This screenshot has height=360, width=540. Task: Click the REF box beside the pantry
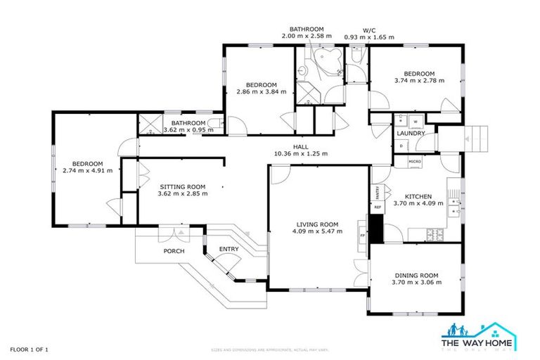point(377,207)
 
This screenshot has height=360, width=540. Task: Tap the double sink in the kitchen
point(455,205)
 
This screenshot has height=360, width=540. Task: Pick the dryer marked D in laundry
point(401,146)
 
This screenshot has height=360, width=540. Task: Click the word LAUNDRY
point(410,133)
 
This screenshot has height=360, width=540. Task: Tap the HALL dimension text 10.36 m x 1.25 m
point(300,153)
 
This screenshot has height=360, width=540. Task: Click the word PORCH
point(174,251)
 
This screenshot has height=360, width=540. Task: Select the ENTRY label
point(229,249)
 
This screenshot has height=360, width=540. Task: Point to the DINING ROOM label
point(418,275)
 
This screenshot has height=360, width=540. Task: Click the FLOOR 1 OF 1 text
point(29,349)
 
